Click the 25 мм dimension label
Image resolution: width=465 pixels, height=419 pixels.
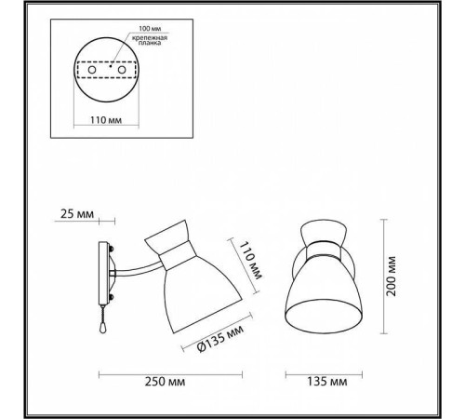pyautogui.click(x=77, y=214)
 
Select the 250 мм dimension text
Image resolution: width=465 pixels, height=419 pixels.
pyautogui.click(x=165, y=382)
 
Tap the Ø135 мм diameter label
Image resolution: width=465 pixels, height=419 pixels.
pyautogui.click(x=220, y=339)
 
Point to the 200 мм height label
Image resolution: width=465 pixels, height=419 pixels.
pyautogui.click(x=392, y=277)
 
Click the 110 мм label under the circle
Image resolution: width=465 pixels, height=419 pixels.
pyautogui.click(x=106, y=120)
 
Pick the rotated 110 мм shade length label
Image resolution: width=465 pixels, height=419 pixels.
pyautogui.click(x=251, y=261)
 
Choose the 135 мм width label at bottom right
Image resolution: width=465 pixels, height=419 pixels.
pyautogui.click(x=327, y=382)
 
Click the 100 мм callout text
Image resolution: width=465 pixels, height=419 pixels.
pyautogui.click(x=150, y=29)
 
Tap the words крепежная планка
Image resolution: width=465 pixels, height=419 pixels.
pyautogui.click(x=150, y=40)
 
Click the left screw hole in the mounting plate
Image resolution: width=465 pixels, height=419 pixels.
pyautogui.click(x=92, y=70)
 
